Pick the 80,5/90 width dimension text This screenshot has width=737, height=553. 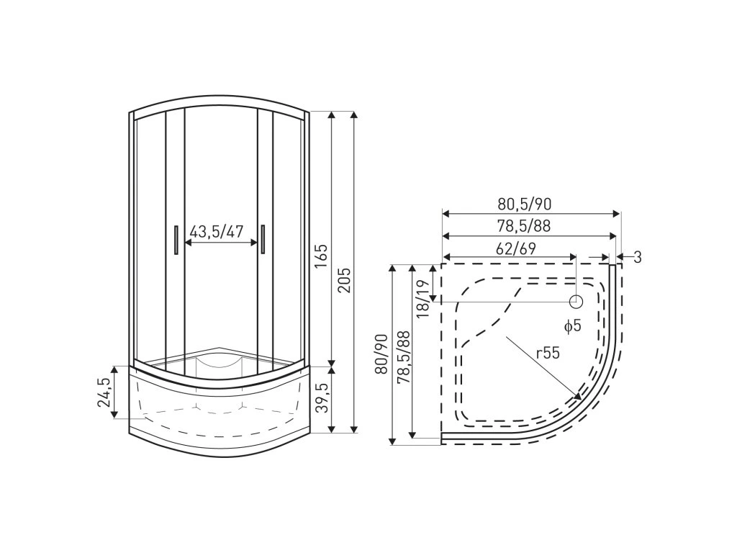(525, 204)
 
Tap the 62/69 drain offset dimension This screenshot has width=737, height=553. (516, 248)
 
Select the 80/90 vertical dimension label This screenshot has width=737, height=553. (381, 354)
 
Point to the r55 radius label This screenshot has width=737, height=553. (548, 353)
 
